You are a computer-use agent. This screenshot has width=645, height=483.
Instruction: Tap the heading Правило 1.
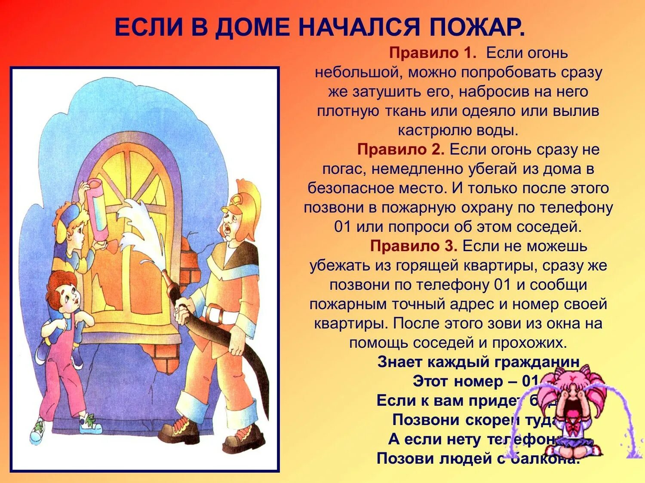(x=433, y=53)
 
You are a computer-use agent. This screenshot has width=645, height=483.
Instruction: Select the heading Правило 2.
(x=401, y=150)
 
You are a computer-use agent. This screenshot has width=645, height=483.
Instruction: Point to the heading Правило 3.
(x=414, y=246)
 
